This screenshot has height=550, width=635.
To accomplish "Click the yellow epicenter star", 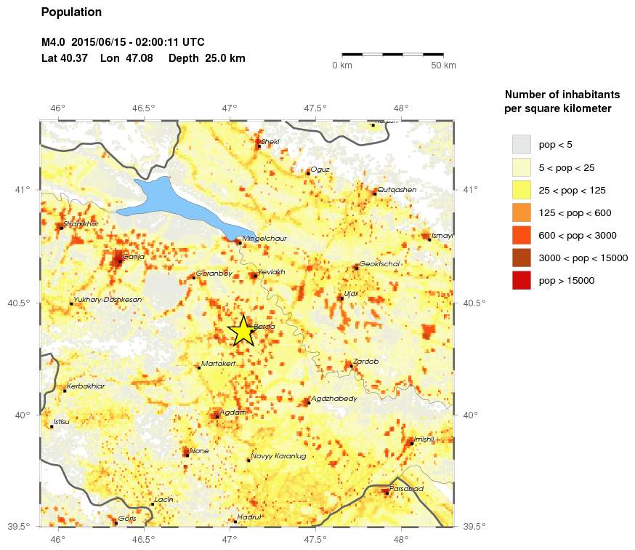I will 242,331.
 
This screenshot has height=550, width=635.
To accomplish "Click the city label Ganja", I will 134,257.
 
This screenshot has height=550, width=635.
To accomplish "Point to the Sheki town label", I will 270,142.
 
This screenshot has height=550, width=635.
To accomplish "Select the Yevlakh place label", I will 272,272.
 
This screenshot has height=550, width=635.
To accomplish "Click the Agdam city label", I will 232,412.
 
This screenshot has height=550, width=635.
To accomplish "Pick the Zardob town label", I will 365,362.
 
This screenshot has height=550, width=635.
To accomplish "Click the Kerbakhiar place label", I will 85,386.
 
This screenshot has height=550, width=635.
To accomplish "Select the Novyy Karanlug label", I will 278,456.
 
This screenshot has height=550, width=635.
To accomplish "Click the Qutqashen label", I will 396,190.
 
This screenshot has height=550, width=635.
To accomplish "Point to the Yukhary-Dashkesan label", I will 108,300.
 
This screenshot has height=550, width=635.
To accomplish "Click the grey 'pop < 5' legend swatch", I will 521,144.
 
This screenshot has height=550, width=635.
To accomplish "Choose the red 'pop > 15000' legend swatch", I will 521,279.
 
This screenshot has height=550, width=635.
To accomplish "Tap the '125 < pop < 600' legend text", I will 575,212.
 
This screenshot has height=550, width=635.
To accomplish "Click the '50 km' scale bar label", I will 443,66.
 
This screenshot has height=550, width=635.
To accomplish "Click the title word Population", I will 72,12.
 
